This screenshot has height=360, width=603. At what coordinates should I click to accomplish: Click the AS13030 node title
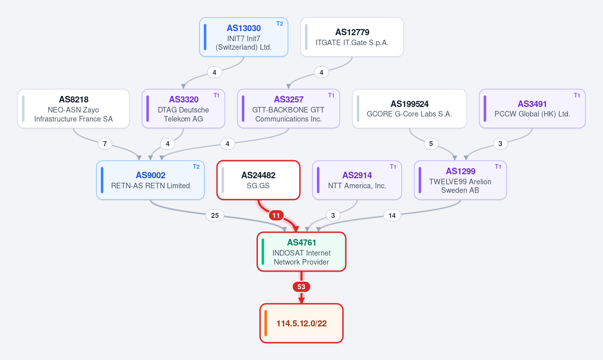point(244,28)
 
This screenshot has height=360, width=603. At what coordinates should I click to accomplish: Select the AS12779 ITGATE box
point(352,37)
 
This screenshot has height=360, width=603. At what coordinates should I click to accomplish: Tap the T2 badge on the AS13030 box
point(280,24)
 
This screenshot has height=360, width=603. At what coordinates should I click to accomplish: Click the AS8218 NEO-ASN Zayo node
point(73,108)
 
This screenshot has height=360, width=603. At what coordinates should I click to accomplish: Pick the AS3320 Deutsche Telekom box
point(183,108)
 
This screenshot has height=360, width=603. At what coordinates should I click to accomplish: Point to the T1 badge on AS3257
point(331,95)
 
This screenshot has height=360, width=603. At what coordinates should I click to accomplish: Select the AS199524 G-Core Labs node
point(410,108)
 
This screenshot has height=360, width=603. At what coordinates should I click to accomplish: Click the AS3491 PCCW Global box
point(532,108)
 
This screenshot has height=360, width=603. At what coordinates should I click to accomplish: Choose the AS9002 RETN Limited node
point(150,180)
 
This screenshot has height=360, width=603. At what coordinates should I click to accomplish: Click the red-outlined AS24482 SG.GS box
point(258,180)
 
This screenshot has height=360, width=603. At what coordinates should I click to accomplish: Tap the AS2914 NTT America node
point(357,180)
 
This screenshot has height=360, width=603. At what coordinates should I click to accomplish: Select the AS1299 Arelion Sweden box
point(460,180)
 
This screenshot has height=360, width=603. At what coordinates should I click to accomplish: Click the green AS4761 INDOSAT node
point(301,252)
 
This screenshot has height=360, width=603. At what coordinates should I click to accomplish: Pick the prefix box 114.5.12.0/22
point(301,323)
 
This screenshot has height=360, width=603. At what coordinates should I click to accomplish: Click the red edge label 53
point(301,287)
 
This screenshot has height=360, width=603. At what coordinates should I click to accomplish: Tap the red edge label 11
point(276,215)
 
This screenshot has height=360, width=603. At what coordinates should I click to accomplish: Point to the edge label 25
point(215,215)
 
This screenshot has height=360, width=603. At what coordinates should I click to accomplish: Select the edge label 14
point(392,215)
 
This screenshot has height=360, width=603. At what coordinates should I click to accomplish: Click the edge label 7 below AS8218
point(105,144)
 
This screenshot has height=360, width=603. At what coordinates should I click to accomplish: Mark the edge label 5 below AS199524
point(431,144)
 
